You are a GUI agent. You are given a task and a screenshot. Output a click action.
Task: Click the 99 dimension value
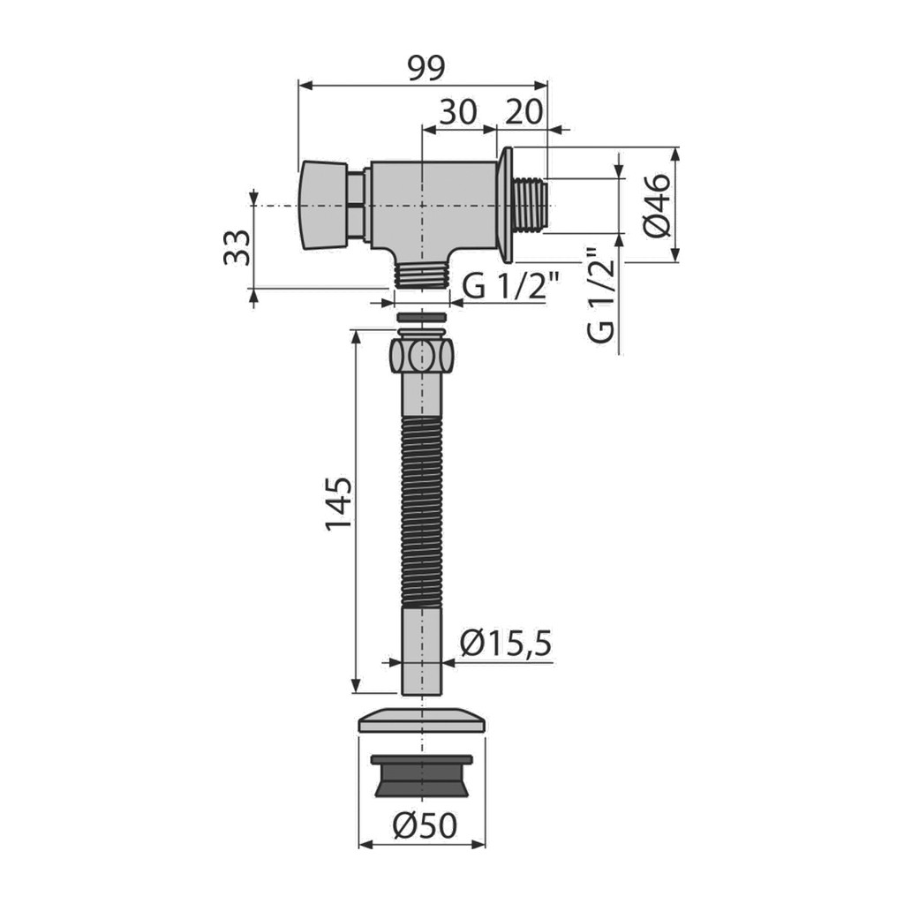click(x=426, y=68)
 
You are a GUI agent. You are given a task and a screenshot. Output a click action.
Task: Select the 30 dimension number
click(x=459, y=112)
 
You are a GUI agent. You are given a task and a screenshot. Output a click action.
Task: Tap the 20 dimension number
click(x=524, y=112)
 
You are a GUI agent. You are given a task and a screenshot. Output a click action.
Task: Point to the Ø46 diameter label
click(x=657, y=205)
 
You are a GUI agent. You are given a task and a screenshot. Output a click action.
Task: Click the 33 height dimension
click(x=237, y=247)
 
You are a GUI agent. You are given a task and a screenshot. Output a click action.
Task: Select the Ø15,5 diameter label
click(x=506, y=643)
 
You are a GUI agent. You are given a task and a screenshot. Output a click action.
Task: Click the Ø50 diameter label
click(x=425, y=825)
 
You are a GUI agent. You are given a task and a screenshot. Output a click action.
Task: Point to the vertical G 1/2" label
click(x=599, y=295)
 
